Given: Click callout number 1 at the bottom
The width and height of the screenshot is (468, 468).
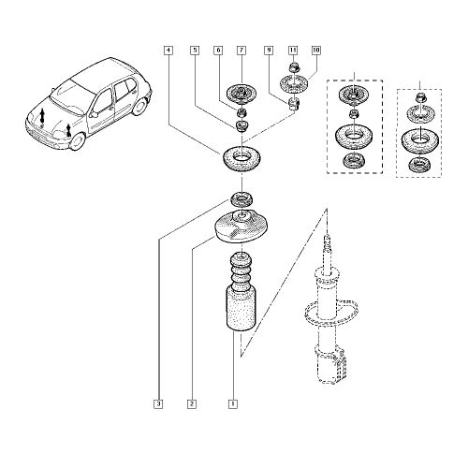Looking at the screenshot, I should [231, 404].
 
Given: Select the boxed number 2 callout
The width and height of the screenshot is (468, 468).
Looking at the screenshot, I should [191, 404].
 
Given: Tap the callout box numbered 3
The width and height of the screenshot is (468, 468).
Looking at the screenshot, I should [159, 404].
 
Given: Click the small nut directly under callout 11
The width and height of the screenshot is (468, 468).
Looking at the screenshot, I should [292, 68].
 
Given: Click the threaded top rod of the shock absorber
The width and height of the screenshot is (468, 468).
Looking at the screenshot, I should [327, 251].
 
